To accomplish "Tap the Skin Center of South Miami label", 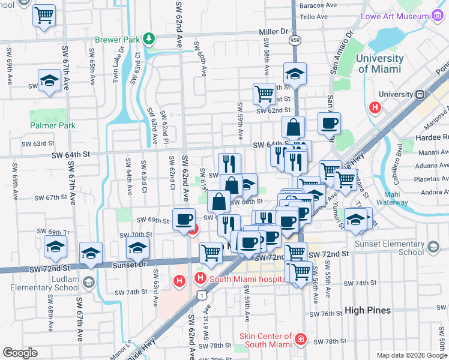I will pyautogui.click(x=265, y=341).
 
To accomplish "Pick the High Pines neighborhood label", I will pyautogui.click(x=367, y=310).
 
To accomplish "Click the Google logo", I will pyautogui.click(x=20, y=353).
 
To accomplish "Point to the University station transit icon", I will pyautogui.click(x=420, y=94).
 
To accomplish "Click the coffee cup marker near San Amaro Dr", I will pyautogui.click(x=329, y=123).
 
